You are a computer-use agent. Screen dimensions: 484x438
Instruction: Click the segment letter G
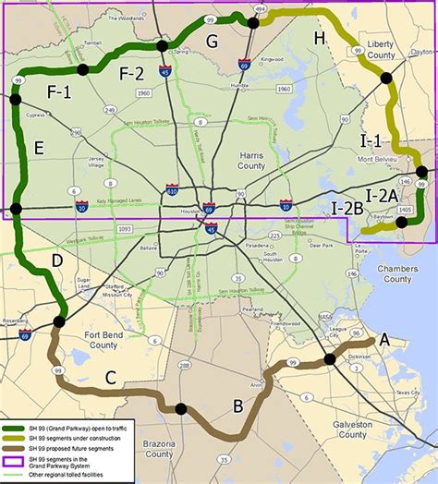click(212, 41)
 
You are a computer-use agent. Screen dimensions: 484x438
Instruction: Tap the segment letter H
click(320, 38)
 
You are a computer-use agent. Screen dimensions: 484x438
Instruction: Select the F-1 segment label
click(59, 91)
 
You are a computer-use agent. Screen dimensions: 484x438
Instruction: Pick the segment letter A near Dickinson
click(384, 339)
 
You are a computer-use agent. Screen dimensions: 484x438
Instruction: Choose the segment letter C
click(110, 376)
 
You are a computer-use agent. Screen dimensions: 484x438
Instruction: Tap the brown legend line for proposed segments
click(15, 448)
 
